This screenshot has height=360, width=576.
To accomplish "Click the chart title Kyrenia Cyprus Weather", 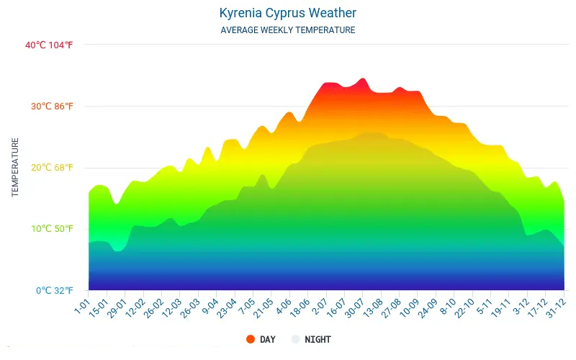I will tap(287, 13).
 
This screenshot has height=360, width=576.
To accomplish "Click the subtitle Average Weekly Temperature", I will tap(287, 30).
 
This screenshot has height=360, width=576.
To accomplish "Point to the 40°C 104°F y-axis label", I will tap(49, 45).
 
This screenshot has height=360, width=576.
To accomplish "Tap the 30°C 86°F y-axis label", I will tap(51, 106).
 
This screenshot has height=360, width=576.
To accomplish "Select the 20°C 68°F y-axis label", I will tap(51, 168).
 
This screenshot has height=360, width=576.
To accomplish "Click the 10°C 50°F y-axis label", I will tap(51, 229).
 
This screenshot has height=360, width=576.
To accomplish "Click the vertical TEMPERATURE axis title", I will tap(14, 168).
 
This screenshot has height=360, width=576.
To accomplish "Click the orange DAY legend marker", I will tap(250, 339).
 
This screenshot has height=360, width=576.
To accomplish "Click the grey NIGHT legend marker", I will tap(295, 339).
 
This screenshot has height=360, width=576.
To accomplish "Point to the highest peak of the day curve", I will tap(363, 78).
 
